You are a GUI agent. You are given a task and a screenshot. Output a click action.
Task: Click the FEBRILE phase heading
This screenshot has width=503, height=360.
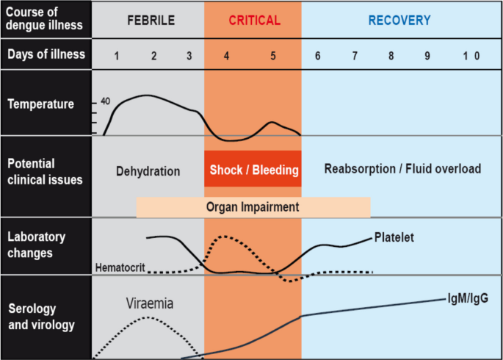pos(151,21)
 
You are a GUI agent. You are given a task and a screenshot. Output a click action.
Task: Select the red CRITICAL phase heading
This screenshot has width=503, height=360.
pos(254,21)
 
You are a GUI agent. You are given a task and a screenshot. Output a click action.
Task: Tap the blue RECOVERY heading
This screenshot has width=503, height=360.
pos(399,21)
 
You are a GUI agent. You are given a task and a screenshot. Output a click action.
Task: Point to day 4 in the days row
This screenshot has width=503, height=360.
pos(226,56)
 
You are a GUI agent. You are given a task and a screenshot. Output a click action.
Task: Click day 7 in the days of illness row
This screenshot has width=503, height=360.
pos(355,56)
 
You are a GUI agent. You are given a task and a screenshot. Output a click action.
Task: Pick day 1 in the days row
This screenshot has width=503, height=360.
pos(117,56)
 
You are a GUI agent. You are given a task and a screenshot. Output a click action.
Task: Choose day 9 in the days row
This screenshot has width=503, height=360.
pos(427,56)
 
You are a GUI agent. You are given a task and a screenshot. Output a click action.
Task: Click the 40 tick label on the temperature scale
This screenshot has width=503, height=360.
pos(105,101)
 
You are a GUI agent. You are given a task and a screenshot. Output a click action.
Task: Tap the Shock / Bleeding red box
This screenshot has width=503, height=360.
pos(253,169)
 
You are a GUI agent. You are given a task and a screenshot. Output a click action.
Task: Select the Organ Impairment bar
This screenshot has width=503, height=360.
pos(253,207)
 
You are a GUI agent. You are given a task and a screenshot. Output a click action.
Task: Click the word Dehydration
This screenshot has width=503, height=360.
pos(148,171)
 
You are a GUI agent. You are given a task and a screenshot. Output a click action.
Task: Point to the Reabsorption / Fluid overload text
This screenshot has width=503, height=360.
pos(402,169)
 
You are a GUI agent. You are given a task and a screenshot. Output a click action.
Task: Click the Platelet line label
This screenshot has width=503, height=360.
pos(394,237)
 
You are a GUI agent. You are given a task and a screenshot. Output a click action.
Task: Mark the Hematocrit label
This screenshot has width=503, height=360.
pos(120,267)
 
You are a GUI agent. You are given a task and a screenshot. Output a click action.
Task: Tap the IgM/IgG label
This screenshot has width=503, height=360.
pos(468,298)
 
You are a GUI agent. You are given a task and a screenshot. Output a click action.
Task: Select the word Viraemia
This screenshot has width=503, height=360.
pos(150,303)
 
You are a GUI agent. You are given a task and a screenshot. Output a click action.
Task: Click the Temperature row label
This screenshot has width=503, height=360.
pos(40,104)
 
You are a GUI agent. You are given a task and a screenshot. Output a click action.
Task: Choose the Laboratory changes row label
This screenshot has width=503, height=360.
pos(36,245)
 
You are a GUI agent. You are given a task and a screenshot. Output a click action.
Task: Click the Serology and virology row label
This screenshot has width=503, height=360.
pos(41,317)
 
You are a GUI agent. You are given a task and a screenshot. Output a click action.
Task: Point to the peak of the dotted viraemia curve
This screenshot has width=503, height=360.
pos(148,317)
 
